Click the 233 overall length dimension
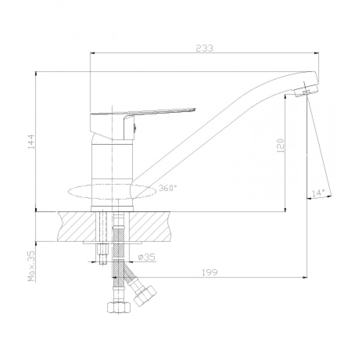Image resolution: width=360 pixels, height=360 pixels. [204, 48]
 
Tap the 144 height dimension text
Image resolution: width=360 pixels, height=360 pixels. [31, 141]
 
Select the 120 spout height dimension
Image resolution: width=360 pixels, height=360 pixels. [280, 146]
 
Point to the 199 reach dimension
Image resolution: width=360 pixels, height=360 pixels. [210, 272]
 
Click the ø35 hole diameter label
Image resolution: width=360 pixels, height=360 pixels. [147, 257]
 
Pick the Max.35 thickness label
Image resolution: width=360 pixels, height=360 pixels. [31, 266]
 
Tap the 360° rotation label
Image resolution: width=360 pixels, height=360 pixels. [168, 188]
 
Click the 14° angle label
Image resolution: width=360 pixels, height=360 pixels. [318, 193]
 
